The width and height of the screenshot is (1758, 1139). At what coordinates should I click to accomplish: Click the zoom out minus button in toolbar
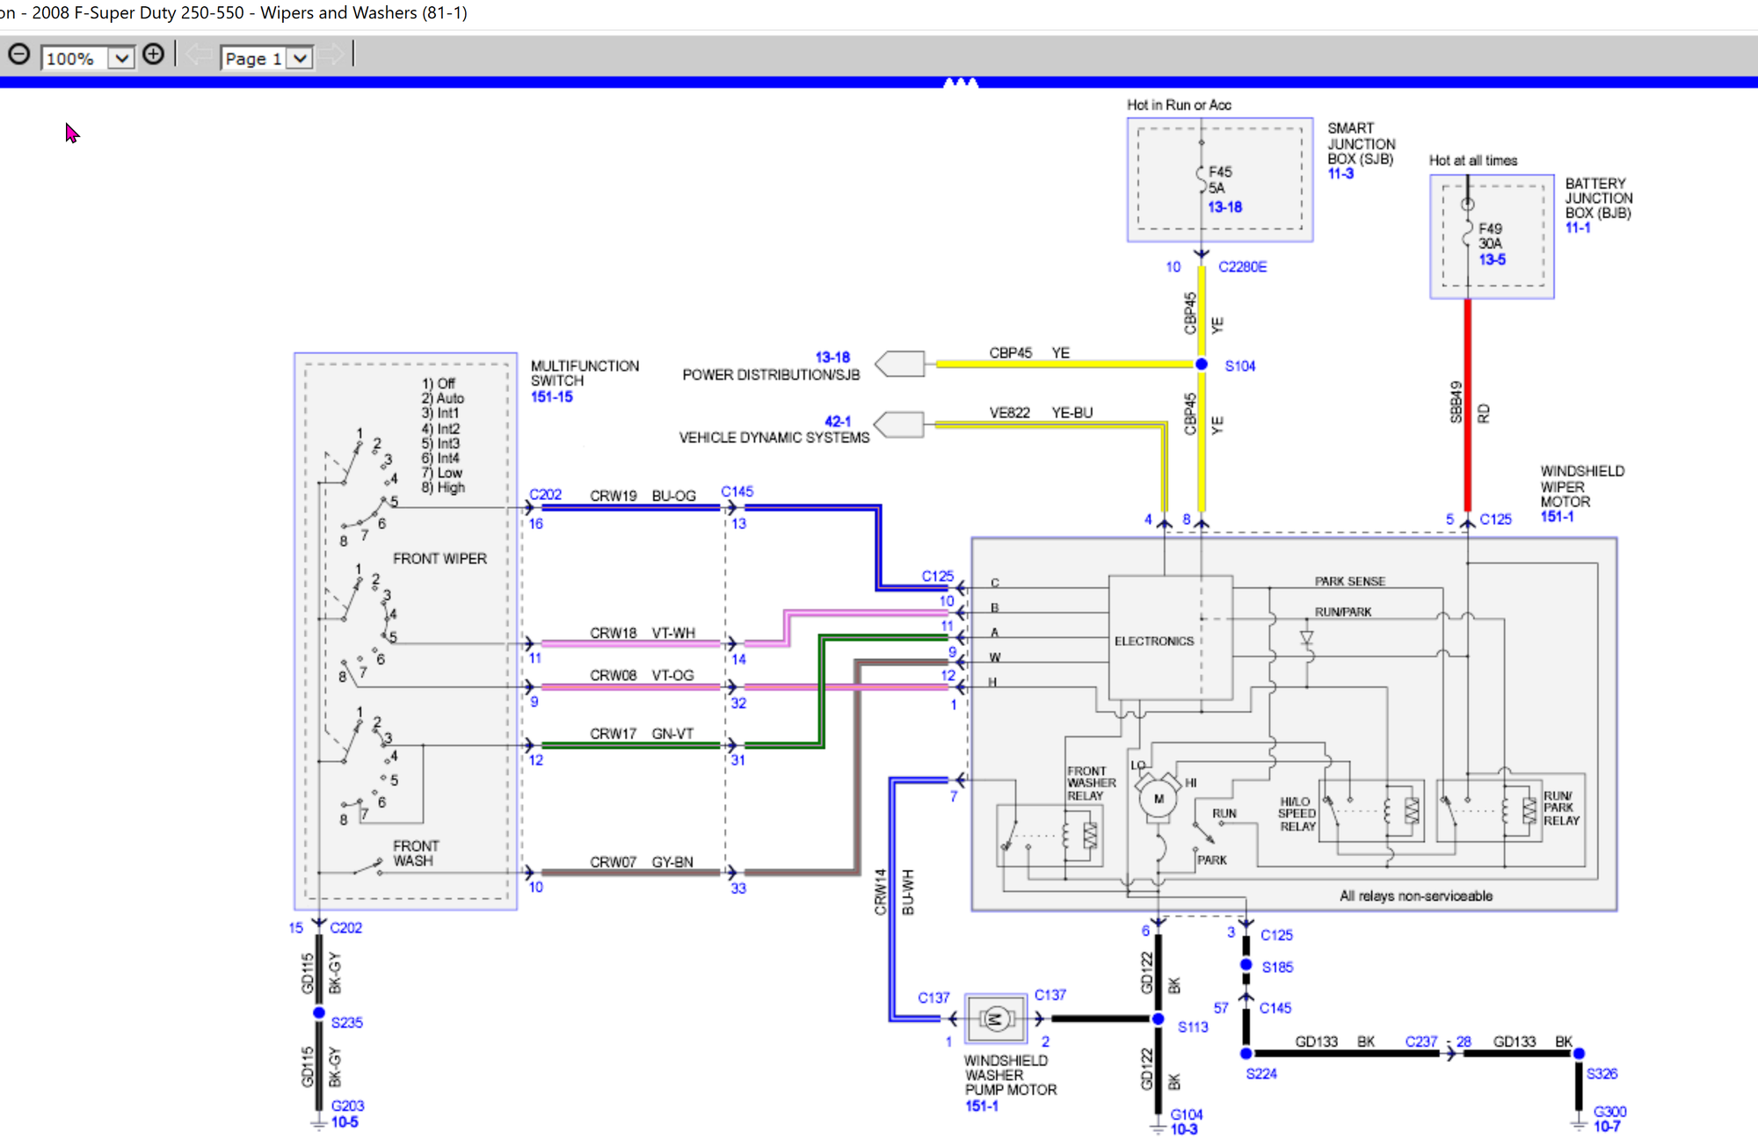click(18, 55)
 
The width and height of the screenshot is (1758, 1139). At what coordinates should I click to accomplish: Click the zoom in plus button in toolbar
click(153, 55)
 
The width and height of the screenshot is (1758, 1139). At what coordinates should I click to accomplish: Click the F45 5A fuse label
click(1220, 179)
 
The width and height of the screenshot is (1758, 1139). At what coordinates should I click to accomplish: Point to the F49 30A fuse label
click(1490, 236)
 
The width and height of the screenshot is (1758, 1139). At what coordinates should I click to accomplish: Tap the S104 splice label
click(1240, 366)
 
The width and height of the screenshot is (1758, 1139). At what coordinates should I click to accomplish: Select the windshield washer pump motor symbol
click(995, 1019)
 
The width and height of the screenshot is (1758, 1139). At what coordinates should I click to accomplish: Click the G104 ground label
click(1186, 1114)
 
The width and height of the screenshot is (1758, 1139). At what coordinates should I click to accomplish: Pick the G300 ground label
click(1609, 1112)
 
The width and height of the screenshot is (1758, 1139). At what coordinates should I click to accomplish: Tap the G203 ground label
click(347, 1106)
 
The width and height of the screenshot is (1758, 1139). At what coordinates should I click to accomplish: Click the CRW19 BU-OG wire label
click(643, 496)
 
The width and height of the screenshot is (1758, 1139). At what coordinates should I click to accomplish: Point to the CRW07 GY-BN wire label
click(641, 862)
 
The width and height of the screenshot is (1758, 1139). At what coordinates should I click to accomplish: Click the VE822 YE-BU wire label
click(1041, 412)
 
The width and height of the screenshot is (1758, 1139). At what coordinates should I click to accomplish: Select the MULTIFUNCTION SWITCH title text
click(585, 373)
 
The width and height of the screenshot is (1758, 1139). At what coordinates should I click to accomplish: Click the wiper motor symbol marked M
click(1159, 799)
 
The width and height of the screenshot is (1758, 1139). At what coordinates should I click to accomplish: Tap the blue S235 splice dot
click(319, 1013)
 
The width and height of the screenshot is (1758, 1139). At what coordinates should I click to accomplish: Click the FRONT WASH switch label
click(415, 852)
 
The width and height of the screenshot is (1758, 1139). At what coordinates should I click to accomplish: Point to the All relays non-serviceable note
click(1415, 896)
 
